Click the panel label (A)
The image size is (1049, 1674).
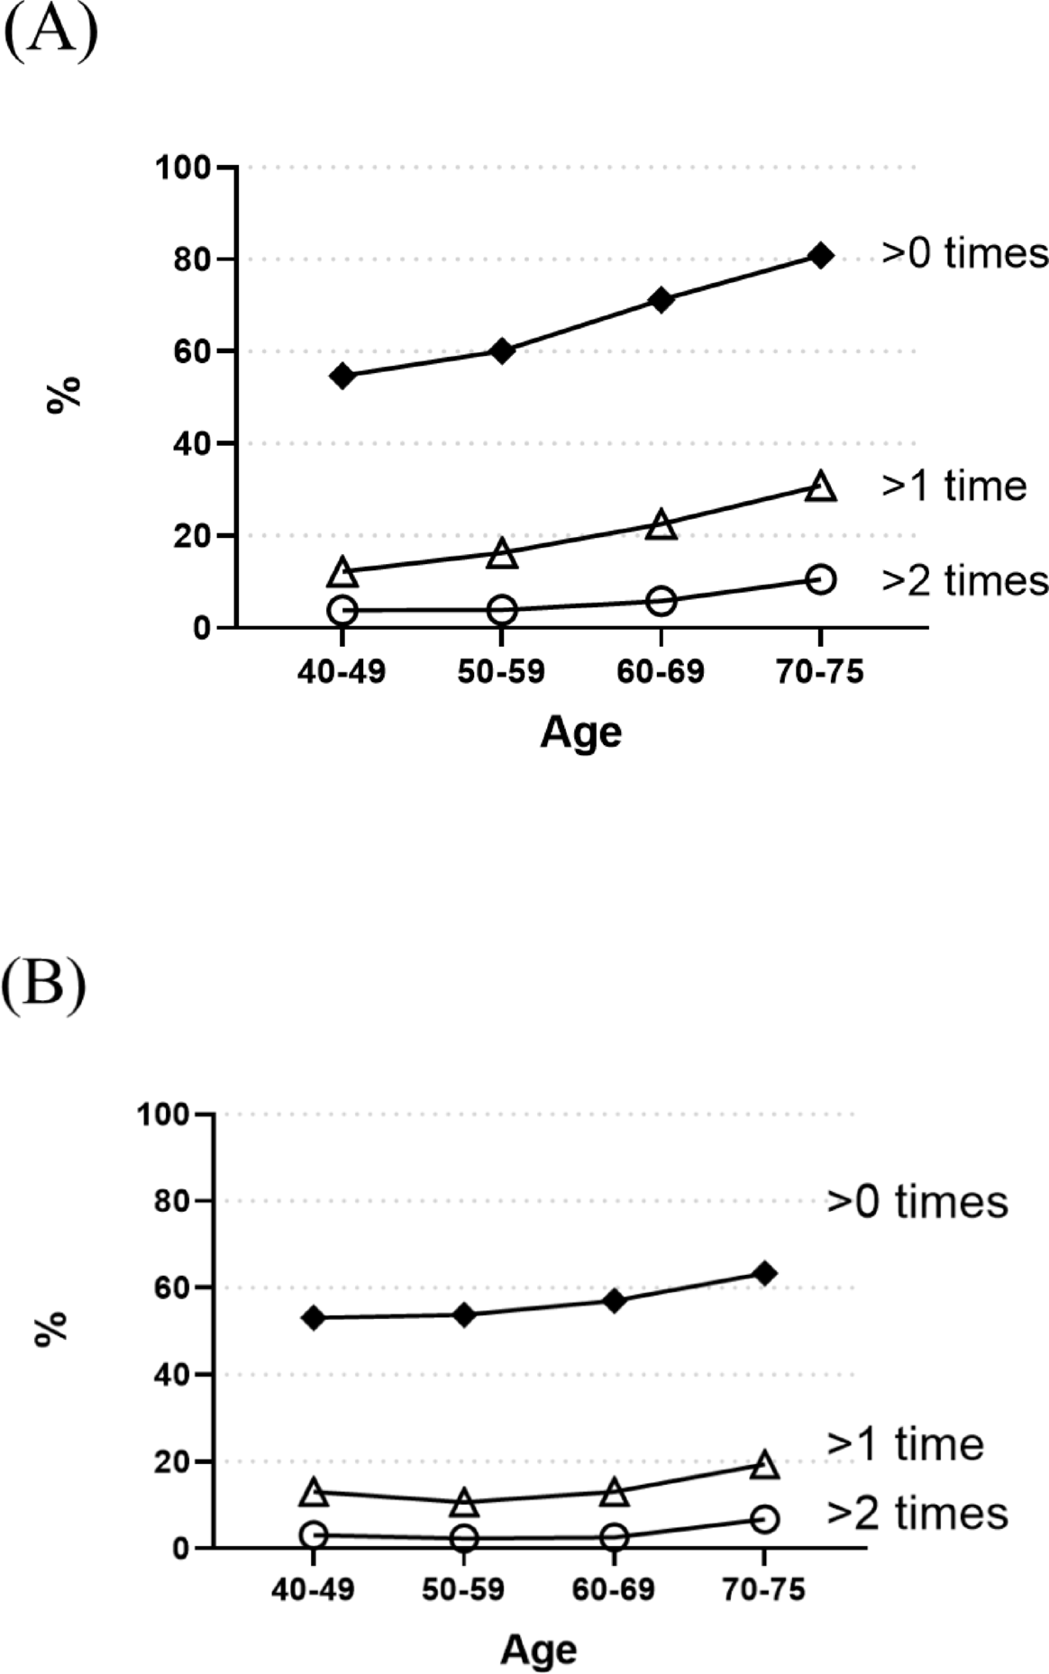(x=50, y=34)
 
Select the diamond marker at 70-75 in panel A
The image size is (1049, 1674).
(x=820, y=256)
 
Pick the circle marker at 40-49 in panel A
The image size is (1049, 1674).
(x=342, y=611)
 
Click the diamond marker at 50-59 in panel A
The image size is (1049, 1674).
(x=502, y=350)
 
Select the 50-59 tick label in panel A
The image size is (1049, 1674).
(x=501, y=671)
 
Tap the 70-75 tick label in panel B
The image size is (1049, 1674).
(x=763, y=1590)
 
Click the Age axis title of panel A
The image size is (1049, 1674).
(x=581, y=732)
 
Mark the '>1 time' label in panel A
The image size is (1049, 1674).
(x=953, y=486)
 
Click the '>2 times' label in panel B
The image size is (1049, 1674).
(x=917, y=1513)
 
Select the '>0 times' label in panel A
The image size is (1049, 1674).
(x=964, y=253)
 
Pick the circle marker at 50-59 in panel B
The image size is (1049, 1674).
(x=464, y=1538)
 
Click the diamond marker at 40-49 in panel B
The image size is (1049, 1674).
(x=314, y=1318)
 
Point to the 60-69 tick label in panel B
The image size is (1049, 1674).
(x=614, y=1590)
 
